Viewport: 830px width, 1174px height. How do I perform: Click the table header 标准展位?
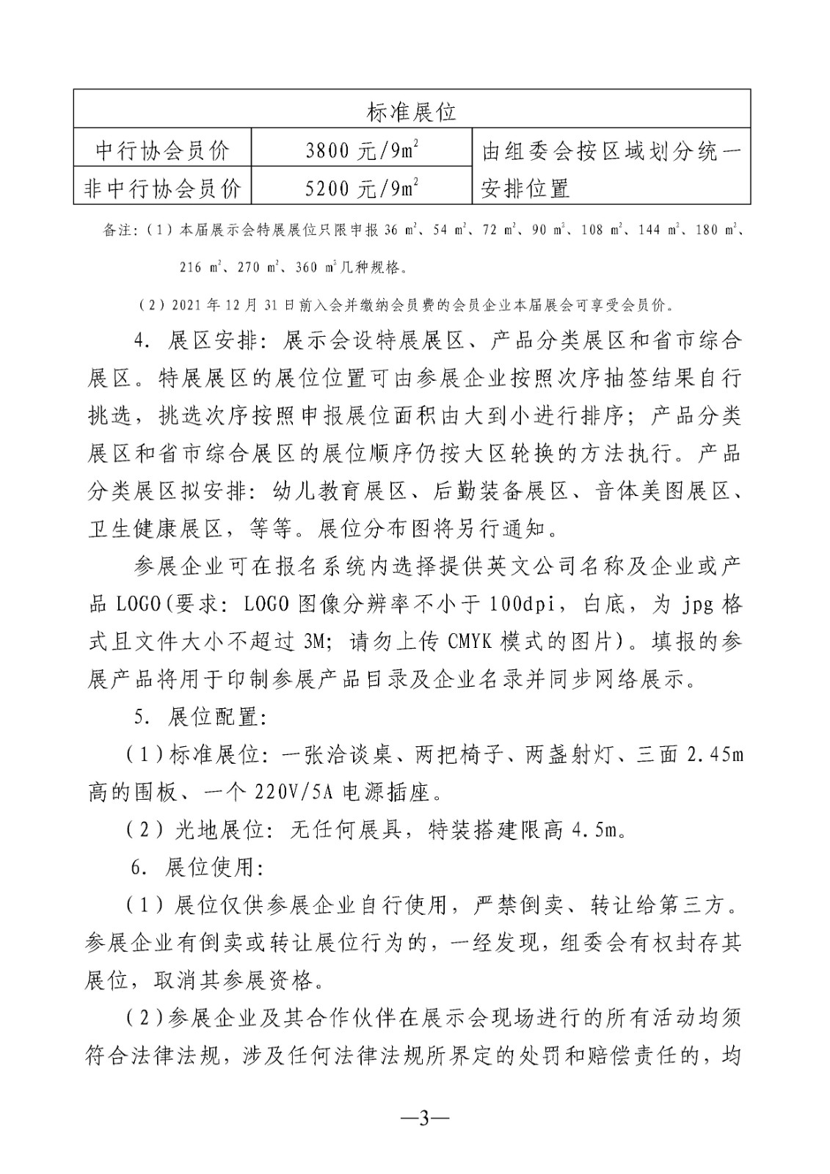411,111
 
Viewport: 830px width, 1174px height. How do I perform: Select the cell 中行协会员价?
162,150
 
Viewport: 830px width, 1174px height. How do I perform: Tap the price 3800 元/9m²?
362,150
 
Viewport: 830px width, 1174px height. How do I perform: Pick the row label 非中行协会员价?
162,189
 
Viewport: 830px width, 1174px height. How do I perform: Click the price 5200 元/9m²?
362,189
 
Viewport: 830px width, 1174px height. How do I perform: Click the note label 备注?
119,230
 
